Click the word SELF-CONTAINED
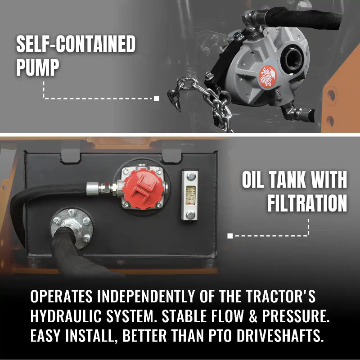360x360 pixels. point(76,45)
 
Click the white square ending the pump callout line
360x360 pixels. point(156,99)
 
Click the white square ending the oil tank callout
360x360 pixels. point(230,235)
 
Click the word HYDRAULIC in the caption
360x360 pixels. point(66,317)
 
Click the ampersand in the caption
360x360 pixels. point(248,317)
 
